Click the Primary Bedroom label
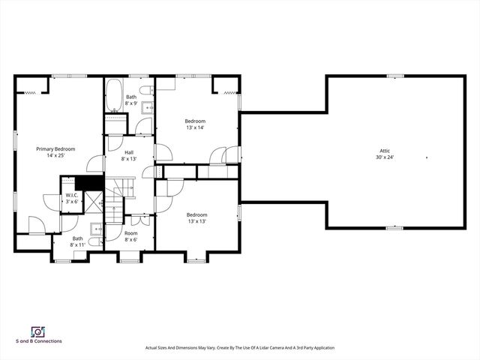tap(56, 152)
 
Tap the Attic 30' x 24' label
tap(385, 154)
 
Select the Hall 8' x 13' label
tap(129, 155)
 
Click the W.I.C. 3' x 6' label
tap(71, 198)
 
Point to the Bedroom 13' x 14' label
tap(195, 124)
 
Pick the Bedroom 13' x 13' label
tap(196, 217)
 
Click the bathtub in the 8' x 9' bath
tap(115, 94)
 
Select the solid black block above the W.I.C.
tap(89, 181)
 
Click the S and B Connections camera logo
tap(36, 331)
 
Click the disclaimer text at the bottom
tap(240, 348)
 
